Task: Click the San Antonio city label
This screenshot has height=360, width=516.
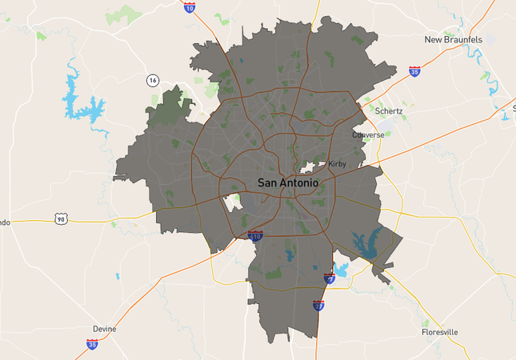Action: (x=288, y=183)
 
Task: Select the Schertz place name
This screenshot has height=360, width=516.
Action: (x=389, y=111)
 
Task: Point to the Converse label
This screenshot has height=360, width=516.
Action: (x=368, y=135)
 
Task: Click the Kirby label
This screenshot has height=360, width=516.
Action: (x=338, y=165)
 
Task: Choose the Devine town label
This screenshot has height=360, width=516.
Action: (x=104, y=329)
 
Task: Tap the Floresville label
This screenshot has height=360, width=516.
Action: (x=441, y=331)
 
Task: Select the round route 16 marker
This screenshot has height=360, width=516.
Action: (x=152, y=80)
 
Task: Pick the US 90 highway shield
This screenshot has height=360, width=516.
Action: (x=61, y=218)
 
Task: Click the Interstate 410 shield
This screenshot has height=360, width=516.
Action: (x=255, y=236)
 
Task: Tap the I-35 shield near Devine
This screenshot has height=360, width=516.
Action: (x=92, y=344)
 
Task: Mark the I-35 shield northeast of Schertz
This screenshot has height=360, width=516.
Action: (x=414, y=71)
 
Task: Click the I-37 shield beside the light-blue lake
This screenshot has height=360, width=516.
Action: (x=329, y=278)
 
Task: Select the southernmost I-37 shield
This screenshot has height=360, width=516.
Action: (x=318, y=306)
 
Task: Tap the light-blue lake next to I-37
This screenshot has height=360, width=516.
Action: (x=342, y=270)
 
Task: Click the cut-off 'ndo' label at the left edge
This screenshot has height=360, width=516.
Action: (x=5, y=222)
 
